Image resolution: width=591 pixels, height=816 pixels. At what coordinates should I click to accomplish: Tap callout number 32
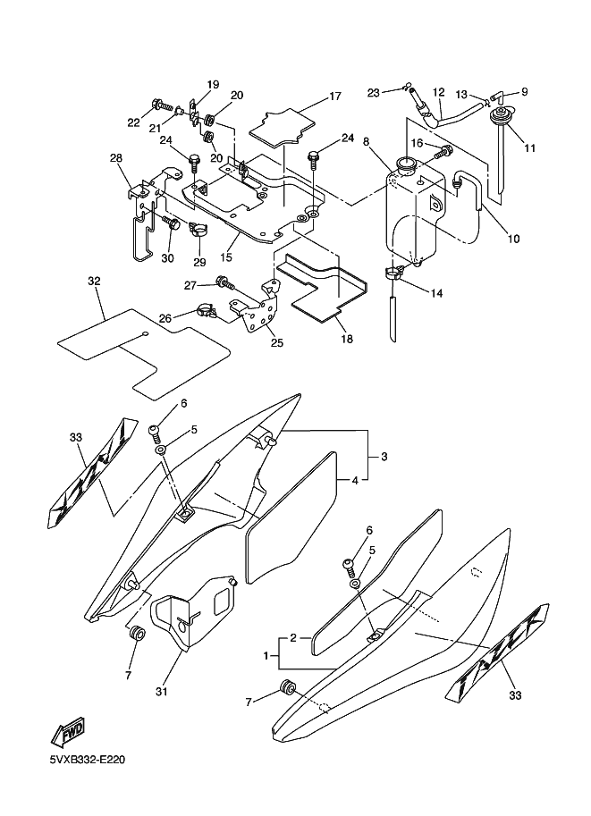[94, 281]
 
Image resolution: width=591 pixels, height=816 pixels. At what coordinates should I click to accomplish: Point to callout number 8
[367, 141]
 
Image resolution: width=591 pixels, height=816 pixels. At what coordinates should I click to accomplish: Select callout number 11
[531, 147]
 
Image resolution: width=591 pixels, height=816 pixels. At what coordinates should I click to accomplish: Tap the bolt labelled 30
[171, 224]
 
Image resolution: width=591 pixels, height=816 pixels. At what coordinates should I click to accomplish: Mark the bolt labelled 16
[440, 153]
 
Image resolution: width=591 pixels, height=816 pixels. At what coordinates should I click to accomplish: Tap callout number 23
[374, 92]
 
